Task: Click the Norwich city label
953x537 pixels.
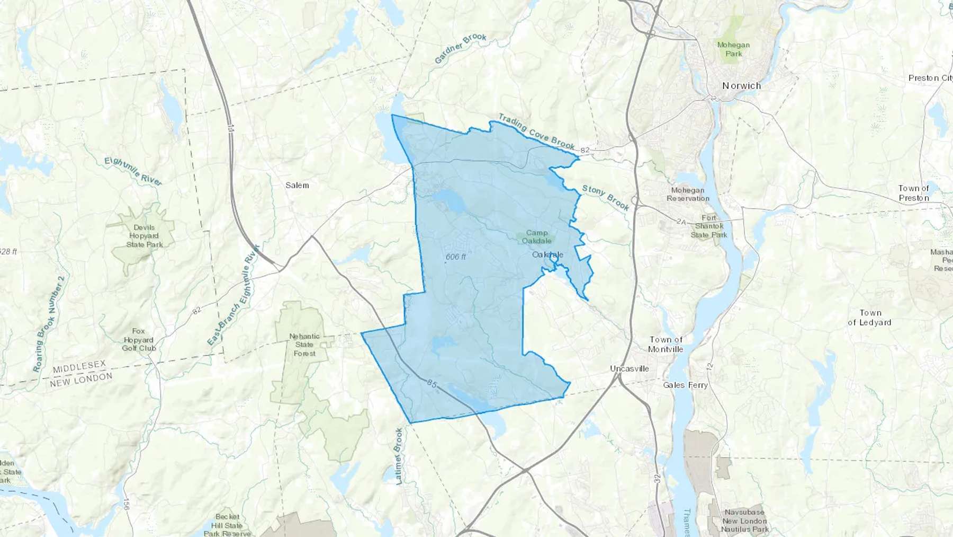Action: click(x=741, y=86)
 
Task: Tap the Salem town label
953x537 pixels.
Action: click(x=297, y=185)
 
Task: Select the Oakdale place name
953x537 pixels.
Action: click(x=547, y=255)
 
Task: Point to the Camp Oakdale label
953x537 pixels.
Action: click(x=537, y=236)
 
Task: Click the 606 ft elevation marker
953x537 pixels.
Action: click(x=455, y=257)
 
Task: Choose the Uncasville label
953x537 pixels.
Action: click(x=629, y=368)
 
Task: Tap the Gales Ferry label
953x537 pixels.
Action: click(x=685, y=385)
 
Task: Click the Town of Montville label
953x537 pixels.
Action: click(x=666, y=344)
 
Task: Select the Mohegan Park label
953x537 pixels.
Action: click(x=733, y=49)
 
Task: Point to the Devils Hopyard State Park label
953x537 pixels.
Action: click(x=144, y=236)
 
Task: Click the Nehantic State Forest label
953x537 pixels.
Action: click(x=304, y=345)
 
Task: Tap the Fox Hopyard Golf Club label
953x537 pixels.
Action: click(x=138, y=339)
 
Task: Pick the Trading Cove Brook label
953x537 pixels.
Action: click(x=536, y=131)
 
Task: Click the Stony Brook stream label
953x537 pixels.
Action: click(x=606, y=197)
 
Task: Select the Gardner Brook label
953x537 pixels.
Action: click(x=460, y=48)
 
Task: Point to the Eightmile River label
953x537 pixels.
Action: click(x=133, y=171)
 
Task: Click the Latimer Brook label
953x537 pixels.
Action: click(x=399, y=456)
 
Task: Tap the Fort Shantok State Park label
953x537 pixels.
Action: click(x=708, y=226)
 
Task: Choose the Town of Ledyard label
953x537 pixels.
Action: click(x=869, y=318)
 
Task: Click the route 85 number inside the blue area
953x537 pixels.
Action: click(x=432, y=384)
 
